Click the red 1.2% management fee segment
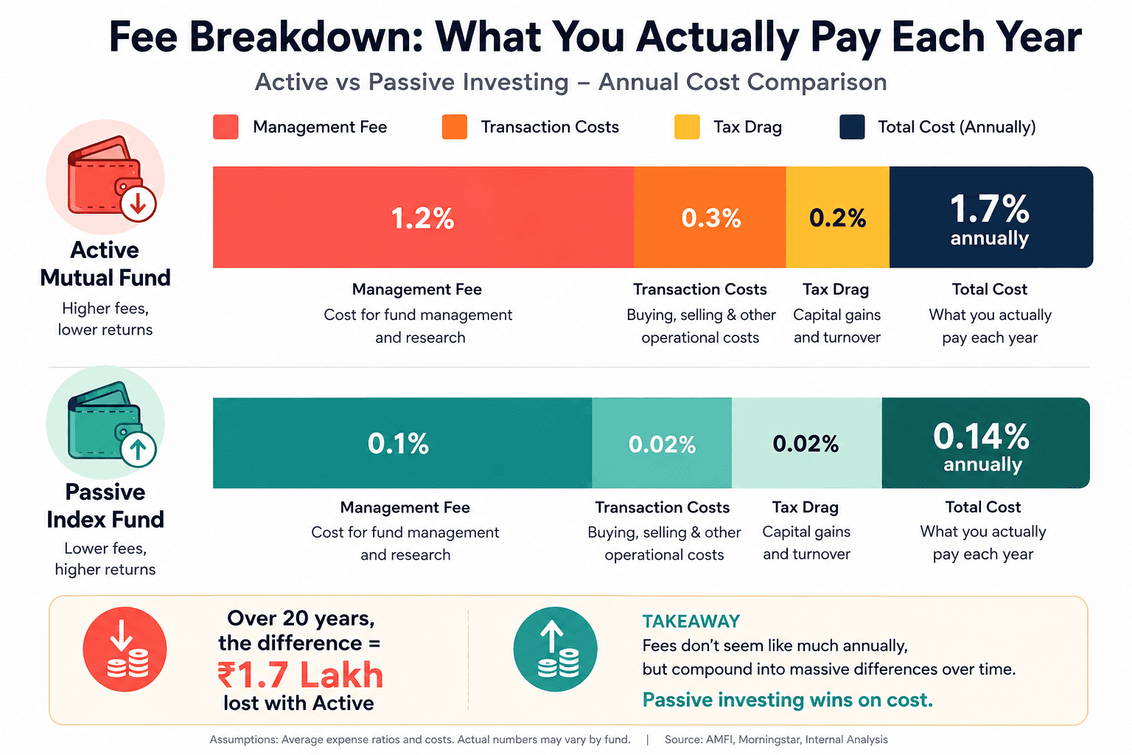point(423,217)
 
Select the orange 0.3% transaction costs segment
point(710,217)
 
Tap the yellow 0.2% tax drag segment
point(837,217)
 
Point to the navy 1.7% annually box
point(990,217)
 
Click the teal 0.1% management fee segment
point(402,442)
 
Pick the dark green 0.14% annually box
point(985,442)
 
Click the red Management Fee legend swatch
point(226,127)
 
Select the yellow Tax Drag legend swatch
point(687,127)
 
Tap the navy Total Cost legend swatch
point(852,127)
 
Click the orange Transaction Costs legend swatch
point(454,127)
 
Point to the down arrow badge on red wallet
point(138,203)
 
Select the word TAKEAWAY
point(691,621)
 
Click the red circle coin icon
point(125,650)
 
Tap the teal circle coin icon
point(555,650)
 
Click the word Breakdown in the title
point(307,38)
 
